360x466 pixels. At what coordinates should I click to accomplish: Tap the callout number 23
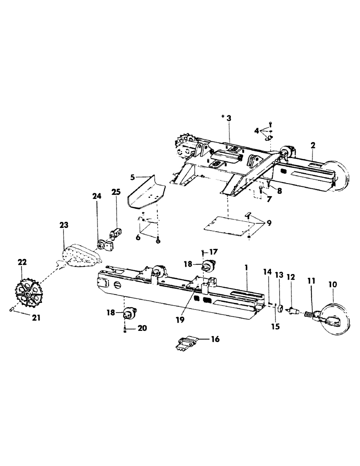pos(64,225)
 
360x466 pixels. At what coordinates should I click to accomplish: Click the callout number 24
pos(97,197)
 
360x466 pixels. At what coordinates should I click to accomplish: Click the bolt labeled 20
pos(125,329)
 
